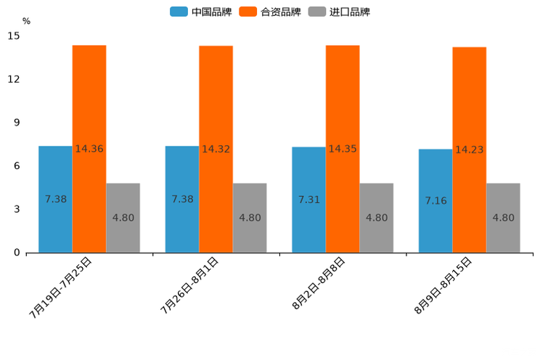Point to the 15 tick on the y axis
14,36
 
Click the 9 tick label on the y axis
17,123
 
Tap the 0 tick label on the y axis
17,253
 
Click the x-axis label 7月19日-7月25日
61,287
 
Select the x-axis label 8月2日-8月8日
319,284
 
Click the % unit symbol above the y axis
26,21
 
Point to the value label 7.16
435,200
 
